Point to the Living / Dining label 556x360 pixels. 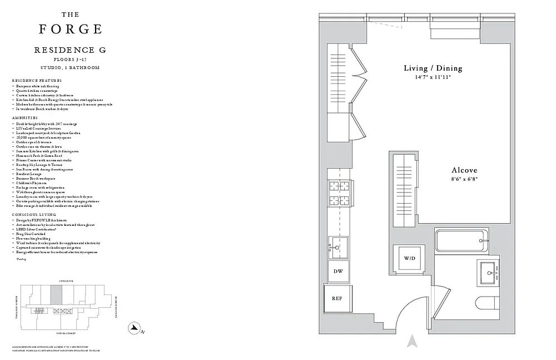click(x=433, y=68)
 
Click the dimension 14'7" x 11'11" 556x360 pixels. click(x=433, y=77)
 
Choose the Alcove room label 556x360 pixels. click(x=464, y=170)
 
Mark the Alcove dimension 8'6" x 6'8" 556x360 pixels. click(x=464, y=179)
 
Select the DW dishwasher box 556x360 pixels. click(x=338, y=271)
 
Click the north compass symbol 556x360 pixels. click(x=134, y=328)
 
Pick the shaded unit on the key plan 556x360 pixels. click(x=57, y=294)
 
